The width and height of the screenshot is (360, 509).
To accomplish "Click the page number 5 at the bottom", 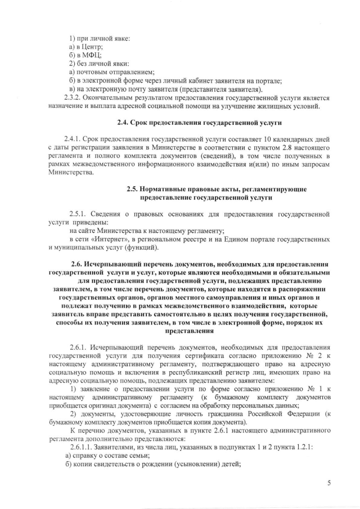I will pos(329,483).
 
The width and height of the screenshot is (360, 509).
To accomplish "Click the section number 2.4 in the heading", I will pos(122,123).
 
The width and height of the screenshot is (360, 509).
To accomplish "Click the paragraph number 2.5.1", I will pos(78,214).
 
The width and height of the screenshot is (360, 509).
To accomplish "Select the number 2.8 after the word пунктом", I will pos(269,147).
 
